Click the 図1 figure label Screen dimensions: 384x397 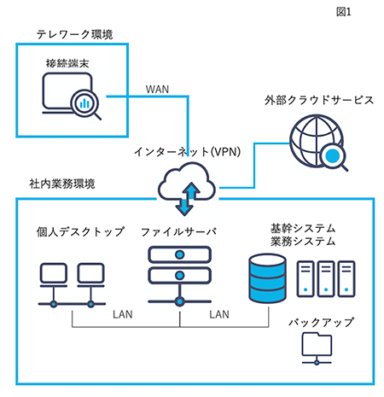[x=344, y=12]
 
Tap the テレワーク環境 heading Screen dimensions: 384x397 [x=75, y=34]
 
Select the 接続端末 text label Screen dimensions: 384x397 [x=67, y=63]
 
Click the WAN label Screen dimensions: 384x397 [x=157, y=90]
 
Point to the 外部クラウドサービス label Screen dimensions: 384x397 [x=319, y=100]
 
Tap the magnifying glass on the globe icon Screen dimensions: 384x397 [x=335, y=157]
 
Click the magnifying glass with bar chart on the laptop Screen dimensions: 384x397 [x=85, y=104]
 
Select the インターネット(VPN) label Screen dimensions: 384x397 [x=188, y=152]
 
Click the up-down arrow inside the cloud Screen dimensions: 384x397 [x=185, y=198]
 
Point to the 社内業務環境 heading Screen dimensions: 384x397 [x=62, y=184]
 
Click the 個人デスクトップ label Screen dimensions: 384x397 [x=80, y=231]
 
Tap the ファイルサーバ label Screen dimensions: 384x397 [x=178, y=231]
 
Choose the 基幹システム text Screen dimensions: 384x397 [x=303, y=228]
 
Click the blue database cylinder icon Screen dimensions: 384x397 [x=267, y=278]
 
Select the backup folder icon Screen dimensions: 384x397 [x=317, y=348]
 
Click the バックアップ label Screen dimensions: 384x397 [x=321, y=323]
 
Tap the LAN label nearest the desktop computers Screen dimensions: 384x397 [x=123, y=314]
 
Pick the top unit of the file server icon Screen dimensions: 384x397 [x=179, y=254]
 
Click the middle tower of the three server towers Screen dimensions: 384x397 [x=326, y=279]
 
